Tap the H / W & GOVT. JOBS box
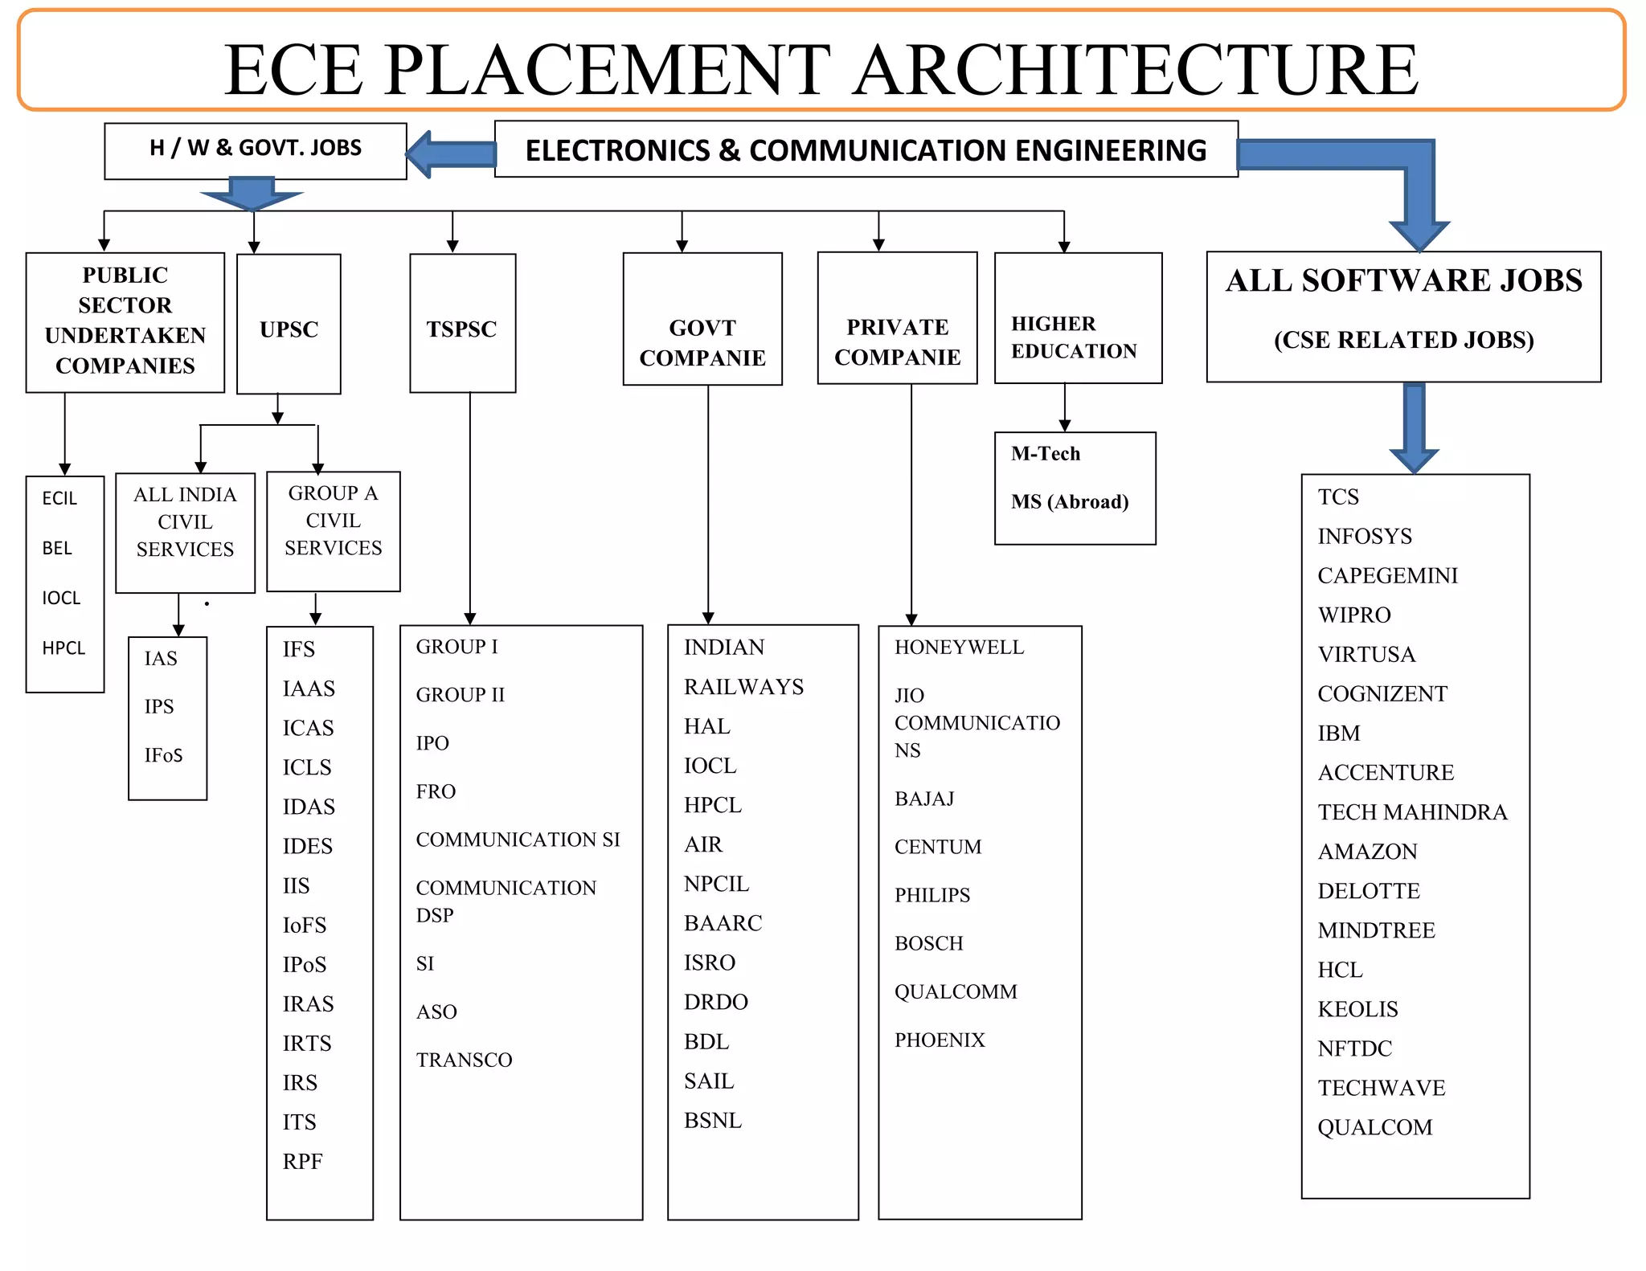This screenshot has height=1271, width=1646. click(256, 149)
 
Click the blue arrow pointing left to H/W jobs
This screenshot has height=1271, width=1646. click(450, 153)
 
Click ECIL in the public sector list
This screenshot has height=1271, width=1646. click(59, 498)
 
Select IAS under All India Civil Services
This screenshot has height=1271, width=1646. click(161, 659)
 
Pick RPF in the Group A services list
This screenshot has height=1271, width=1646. click(302, 1162)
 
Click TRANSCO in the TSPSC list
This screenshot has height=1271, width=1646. click(464, 1061)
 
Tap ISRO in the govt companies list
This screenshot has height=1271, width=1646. click(710, 962)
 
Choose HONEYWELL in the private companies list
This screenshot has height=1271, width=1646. click(959, 648)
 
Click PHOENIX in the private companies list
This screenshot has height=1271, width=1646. click(940, 1040)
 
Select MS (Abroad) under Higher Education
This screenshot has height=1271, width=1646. click(1070, 502)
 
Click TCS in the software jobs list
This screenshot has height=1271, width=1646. click(1338, 497)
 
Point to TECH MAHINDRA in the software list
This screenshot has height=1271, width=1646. click(1412, 812)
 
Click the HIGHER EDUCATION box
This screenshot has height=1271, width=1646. click(1077, 337)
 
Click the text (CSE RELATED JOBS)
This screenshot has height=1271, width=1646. click(1403, 340)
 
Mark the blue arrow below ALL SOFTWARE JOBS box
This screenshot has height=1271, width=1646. click(1414, 426)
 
